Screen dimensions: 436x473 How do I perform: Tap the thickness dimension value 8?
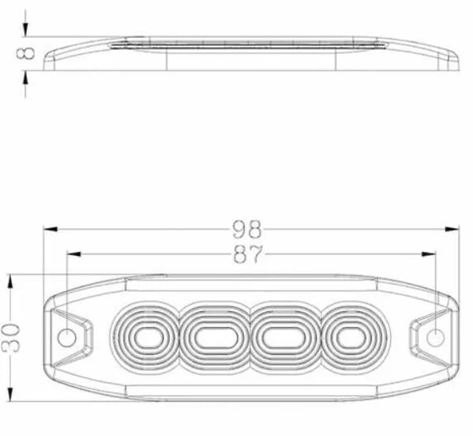[26, 53]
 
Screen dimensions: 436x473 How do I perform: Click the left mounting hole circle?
[68, 338]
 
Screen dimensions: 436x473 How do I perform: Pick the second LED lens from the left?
[214, 338]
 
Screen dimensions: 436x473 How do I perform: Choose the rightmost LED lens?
[348, 338]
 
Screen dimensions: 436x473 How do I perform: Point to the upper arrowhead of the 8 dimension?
[26, 31]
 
